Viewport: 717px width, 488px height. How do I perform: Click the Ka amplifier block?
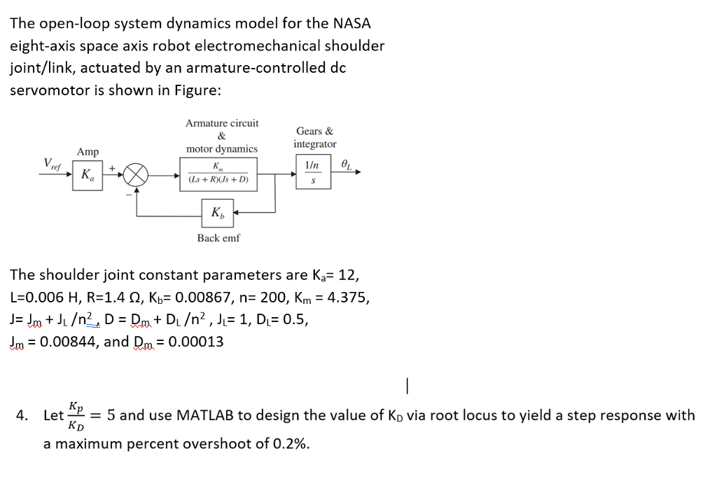pyautogui.click(x=88, y=174)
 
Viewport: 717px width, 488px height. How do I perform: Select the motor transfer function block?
pyautogui.click(x=218, y=174)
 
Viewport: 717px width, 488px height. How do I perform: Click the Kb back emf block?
pyautogui.click(x=218, y=213)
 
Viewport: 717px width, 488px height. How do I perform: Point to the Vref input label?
pyautogui.click(x=52, y=165)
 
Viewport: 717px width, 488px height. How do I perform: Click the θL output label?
pyautogui.click(x=348, y=165)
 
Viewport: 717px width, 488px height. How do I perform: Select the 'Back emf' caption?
pyautogui.click(x=218, y=238)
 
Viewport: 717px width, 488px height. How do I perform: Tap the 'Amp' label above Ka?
pyautogui.click(x=88, y=152)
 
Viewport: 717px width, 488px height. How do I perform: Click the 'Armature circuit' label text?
pyautogui.click(x=222, y=123)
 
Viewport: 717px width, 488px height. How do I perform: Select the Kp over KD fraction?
pyautogui.click(x=77, y=415)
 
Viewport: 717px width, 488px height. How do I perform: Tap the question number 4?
pyautogui.click(x=22, y=416)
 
